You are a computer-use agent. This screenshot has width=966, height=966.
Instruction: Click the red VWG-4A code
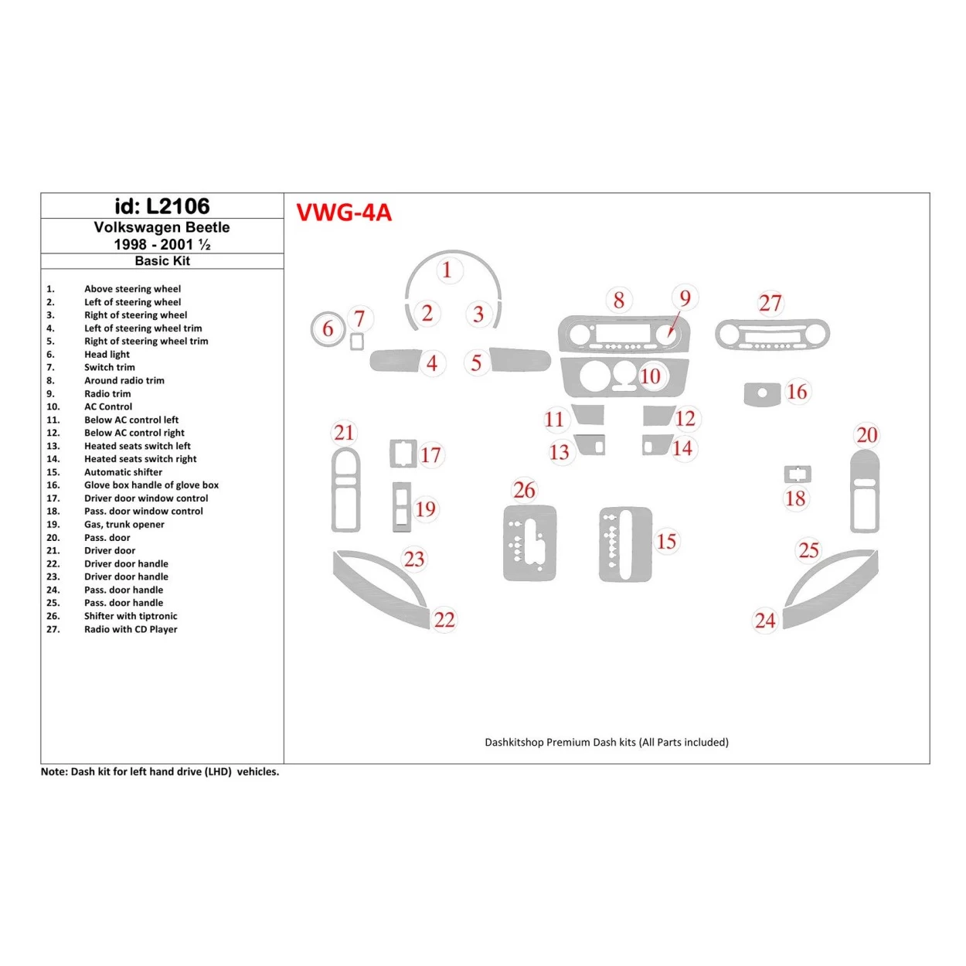[x=344, y=213]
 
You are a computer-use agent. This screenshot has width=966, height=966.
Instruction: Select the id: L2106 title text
[x=162, y=206]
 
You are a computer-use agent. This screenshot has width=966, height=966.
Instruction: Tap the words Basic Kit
[x=162, y=261]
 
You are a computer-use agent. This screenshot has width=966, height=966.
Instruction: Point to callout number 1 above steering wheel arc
[x=447, y=270]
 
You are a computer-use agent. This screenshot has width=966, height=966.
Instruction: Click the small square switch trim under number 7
[x=356, y=342]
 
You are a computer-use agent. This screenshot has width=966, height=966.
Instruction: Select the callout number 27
[x=770, y=303]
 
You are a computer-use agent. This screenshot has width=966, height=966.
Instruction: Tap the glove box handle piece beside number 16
[x=762, y=393]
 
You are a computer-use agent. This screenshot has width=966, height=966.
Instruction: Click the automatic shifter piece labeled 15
[x=625, y=544]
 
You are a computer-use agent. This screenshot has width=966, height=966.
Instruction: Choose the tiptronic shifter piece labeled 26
[x=529, y=543]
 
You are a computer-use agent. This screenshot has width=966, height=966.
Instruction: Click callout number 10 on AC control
[x=650, y=376]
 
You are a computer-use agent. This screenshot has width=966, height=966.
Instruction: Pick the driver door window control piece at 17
[x=403, y=454]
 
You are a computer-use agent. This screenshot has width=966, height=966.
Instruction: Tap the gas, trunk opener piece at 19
[x=402, y=507]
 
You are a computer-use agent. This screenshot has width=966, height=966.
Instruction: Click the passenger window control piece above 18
[x=797, y=474]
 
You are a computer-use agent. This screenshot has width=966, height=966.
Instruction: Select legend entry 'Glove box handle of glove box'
[x=151, y=485]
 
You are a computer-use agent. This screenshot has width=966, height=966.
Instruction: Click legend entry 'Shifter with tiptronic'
[x=131, y=616]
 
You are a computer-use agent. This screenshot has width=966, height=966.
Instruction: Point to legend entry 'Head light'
[x=107, y=355]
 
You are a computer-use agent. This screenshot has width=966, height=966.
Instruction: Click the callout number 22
[x=444, y=620]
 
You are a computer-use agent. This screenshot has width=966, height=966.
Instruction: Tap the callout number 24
[x=765, y=621]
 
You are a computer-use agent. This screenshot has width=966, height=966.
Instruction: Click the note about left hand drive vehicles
[x=160, y=772]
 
